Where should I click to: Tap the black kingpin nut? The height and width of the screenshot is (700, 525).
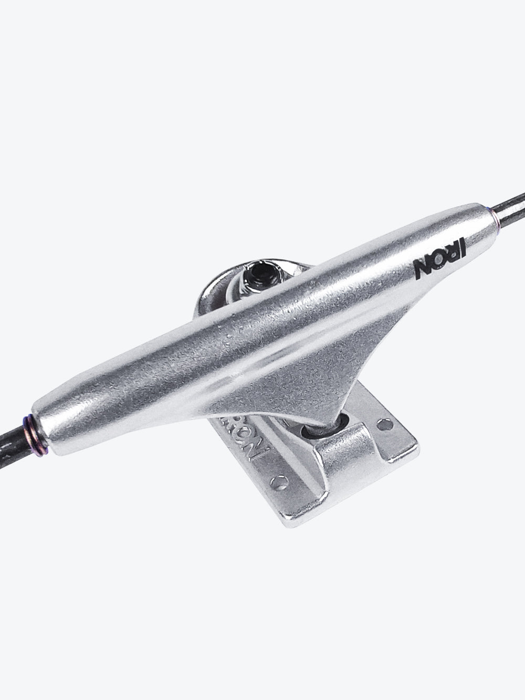(265, 274)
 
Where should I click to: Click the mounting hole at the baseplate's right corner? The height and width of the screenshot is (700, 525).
(385, 424)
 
